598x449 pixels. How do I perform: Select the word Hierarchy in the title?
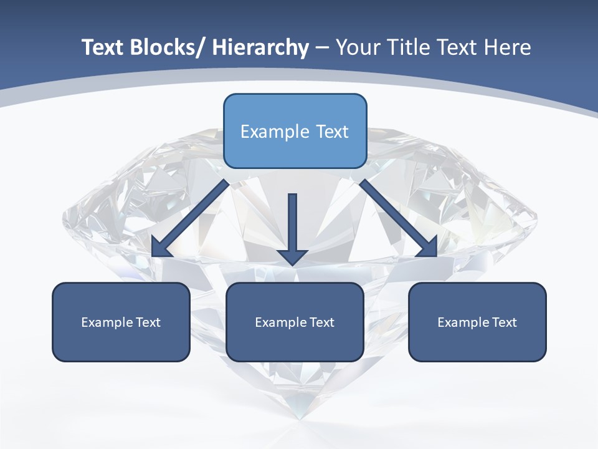260,47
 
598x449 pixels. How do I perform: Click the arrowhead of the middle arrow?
292,256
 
